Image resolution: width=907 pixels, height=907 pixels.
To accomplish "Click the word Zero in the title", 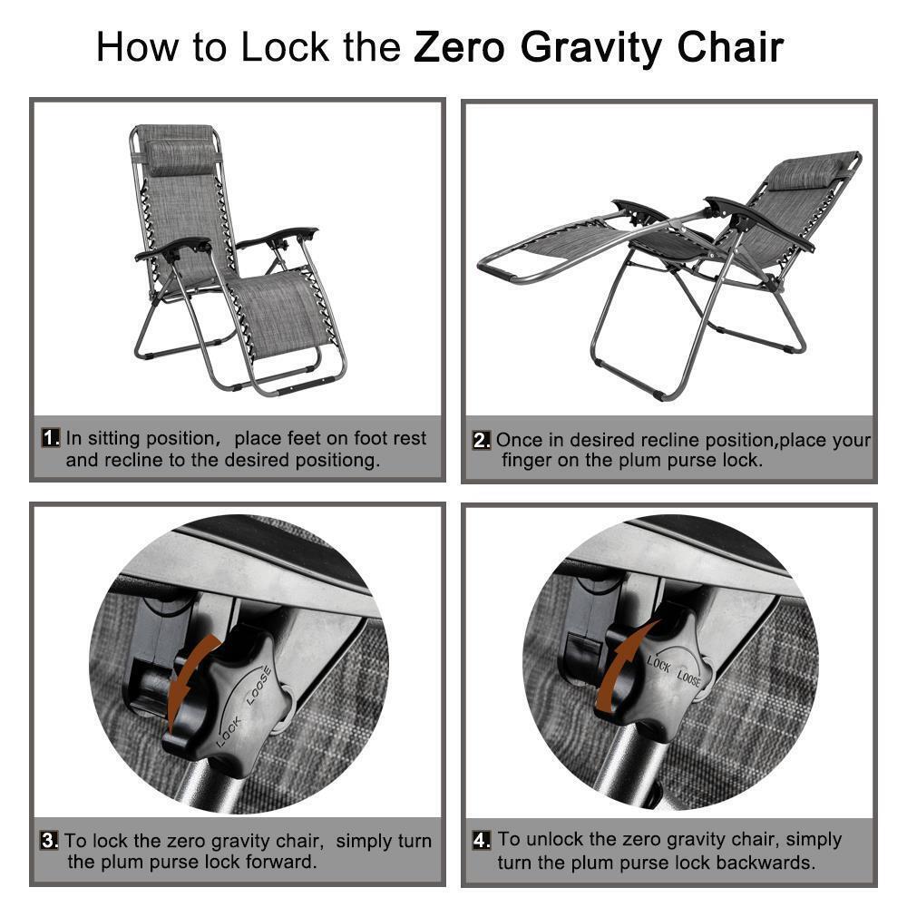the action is [x=459, y=47].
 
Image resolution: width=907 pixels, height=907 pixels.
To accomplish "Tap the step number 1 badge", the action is [x=50, y=437].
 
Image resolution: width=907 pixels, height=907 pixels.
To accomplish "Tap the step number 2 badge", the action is [x=482, y=440].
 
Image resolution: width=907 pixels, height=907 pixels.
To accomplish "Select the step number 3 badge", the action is [x=49, y=840].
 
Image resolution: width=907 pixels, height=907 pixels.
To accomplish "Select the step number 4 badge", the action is [x=482, y=840].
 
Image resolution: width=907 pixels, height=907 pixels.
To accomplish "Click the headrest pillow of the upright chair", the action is [x=180, y=156].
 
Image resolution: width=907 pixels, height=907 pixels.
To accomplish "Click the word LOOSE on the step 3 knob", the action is [x=258, y=686].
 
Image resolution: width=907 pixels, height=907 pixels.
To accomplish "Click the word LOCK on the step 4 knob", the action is [x=658, y=664].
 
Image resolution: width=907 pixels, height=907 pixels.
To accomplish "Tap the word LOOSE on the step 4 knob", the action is [x=689, y=678].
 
